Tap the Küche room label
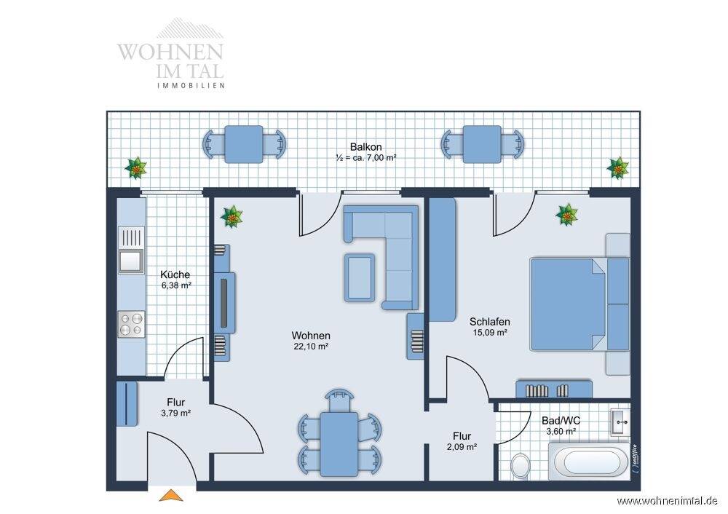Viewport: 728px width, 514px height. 175,274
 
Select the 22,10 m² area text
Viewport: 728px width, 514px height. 311,346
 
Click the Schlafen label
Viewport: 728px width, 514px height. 489,321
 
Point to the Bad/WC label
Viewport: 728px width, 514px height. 561,421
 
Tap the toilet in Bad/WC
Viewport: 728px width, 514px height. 521,466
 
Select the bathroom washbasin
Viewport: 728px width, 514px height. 620,422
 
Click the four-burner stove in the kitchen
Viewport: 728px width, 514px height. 131,324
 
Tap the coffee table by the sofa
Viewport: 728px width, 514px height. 360,277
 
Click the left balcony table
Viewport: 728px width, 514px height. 244,144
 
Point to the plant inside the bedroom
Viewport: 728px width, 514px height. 567,215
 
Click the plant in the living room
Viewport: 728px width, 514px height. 232,217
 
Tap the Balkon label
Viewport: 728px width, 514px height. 366,147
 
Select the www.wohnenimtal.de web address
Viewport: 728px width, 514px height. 667,501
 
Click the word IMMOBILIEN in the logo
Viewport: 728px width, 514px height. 191,85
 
